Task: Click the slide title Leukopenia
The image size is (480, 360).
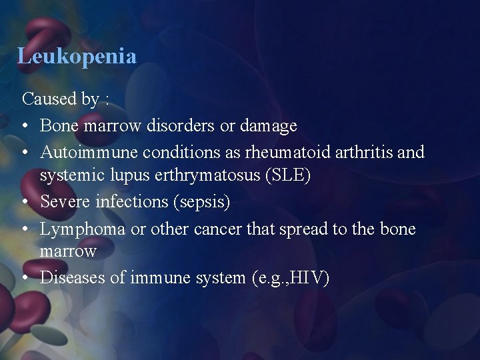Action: pyautogui.click(x=77, y=56)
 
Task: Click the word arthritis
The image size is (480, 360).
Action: pyautogui.click(x=361, y=152)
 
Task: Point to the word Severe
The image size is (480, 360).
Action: pyautogui.click(x=65, y=201)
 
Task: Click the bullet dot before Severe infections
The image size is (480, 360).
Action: pyautogui.click(x=26, y=201)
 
